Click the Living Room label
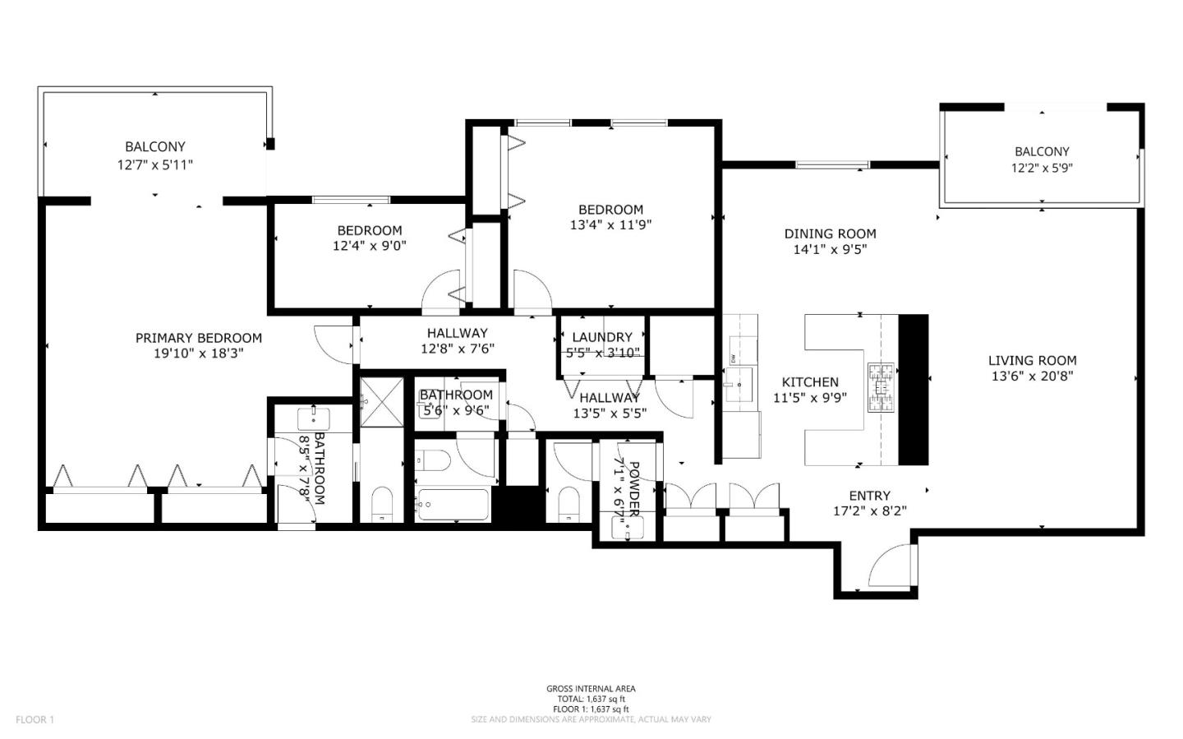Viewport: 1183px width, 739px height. pyautogui.click(x=1032, y=360)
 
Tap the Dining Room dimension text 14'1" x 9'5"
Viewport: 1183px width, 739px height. pyautogui.click(x=830, y=250)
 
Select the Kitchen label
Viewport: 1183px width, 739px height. pyautogui.click(x=810, y=381)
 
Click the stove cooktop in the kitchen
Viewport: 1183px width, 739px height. pyautogui.click(x=880, y=386)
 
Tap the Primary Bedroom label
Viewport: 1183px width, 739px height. pyautogui.click(x=198, y=338)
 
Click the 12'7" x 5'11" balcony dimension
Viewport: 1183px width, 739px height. pyautogui.click(x=155, y=164)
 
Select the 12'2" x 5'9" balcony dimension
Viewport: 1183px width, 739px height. pyautogui.click(x=1042, y=168)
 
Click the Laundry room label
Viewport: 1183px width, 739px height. pyautogui.click(x=601, y=337)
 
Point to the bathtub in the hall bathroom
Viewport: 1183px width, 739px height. pyautogui.click(x=453, y=503)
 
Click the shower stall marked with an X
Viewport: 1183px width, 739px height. pyautogui.click(x=382, y=401)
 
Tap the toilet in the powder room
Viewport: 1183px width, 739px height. pyautogui.click(x=568, y=502)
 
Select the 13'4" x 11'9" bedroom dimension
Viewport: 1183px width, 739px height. pyautogui.click(x=610, y=225)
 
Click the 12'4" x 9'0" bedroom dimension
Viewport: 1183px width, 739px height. pyautogui.click(x=369, y=246)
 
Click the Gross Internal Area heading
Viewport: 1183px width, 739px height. pyautogui.click(x=591, y=689)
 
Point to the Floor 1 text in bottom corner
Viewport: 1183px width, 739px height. pyautogui.click(x=35, y=720)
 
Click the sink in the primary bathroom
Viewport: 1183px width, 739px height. pyautogui.click(x=313, y=418)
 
